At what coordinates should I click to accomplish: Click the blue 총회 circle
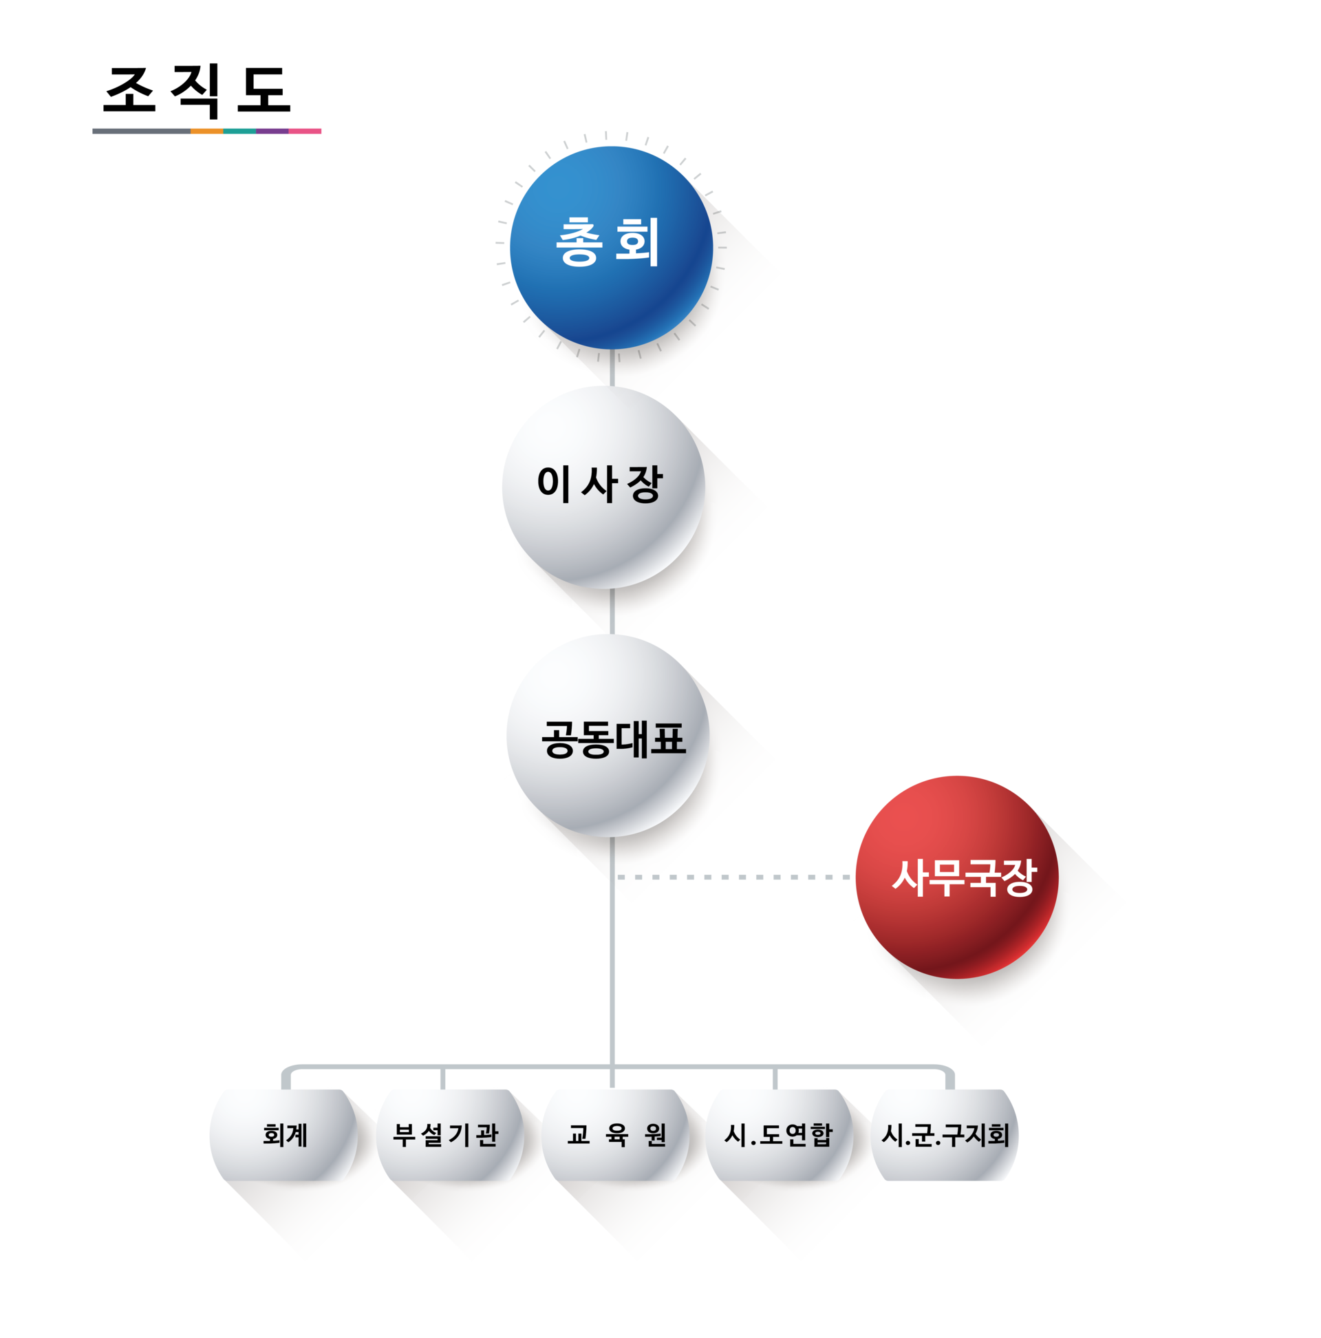tap(610, 246)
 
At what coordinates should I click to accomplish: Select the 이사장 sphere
tap(602, 487)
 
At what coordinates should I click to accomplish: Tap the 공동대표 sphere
tap(607, 736)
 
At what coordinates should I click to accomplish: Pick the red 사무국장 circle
tap(956, 877)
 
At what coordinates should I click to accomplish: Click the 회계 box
tap(283, 1134)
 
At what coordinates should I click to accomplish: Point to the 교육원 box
tap(616, 1134)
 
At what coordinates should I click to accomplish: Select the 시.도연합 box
tap(779, 1134)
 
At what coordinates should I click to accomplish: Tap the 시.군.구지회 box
tap(945, 1134)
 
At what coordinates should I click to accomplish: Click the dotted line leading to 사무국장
tap(734, 877)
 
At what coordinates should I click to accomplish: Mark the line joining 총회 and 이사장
tap(612, 367)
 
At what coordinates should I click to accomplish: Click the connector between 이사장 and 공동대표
tap(612, 610)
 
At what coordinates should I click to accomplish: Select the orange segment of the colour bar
tap(206, 131)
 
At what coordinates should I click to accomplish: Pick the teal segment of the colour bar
tap(239, 131)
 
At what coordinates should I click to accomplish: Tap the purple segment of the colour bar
tap(272, 131)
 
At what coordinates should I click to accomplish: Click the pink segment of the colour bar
tap(305, 131)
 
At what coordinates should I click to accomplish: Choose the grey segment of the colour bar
tap(140, 131)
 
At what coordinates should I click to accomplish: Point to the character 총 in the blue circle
tap(577, 242)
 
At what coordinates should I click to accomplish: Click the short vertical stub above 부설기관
tap(442, 1079)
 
